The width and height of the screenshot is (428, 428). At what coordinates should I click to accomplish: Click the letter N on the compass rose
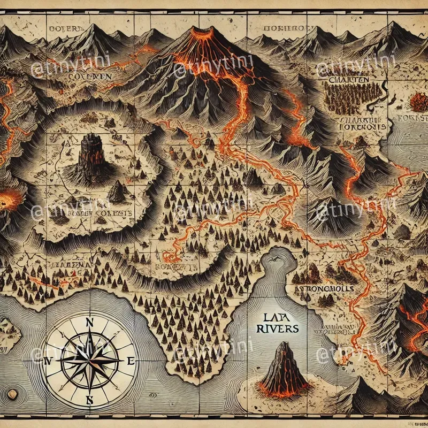90,323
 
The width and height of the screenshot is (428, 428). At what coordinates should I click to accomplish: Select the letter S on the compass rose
90,400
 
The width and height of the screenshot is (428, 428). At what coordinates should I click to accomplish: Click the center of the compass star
90,360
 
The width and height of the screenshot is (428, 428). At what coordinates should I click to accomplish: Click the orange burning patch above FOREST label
418,100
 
